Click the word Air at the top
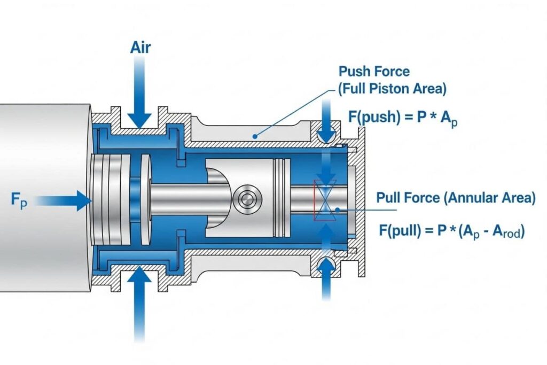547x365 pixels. point(140,48)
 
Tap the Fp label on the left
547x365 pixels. point(19,201)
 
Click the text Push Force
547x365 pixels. point(374,72)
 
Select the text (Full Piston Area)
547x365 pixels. point(392,88)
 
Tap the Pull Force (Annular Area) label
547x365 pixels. point(456,198)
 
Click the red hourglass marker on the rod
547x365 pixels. point(325,200)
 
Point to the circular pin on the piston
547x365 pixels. point(247,200)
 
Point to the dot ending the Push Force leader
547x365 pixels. point(255,137)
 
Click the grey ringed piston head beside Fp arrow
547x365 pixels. point(110,200)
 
